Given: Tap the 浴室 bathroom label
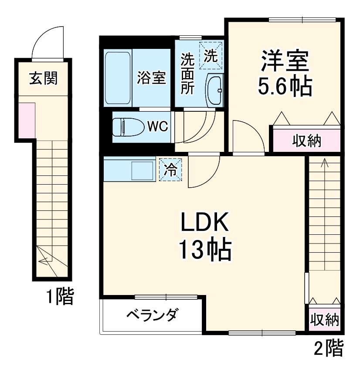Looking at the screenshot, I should [x=151, y=78].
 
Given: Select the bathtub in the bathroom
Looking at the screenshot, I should [x=118, y=77].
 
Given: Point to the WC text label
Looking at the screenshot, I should [x=157, y=127].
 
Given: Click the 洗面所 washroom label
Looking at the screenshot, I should [x=187, y=73].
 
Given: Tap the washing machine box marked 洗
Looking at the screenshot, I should [x=211, y=55].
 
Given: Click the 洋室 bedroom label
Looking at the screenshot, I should [x=285, y=62].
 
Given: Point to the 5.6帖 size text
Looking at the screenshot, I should [x=285, y=87].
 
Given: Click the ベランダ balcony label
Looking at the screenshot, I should [x=152, y=315].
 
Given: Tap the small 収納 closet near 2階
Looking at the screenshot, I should [x=324, y=320].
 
